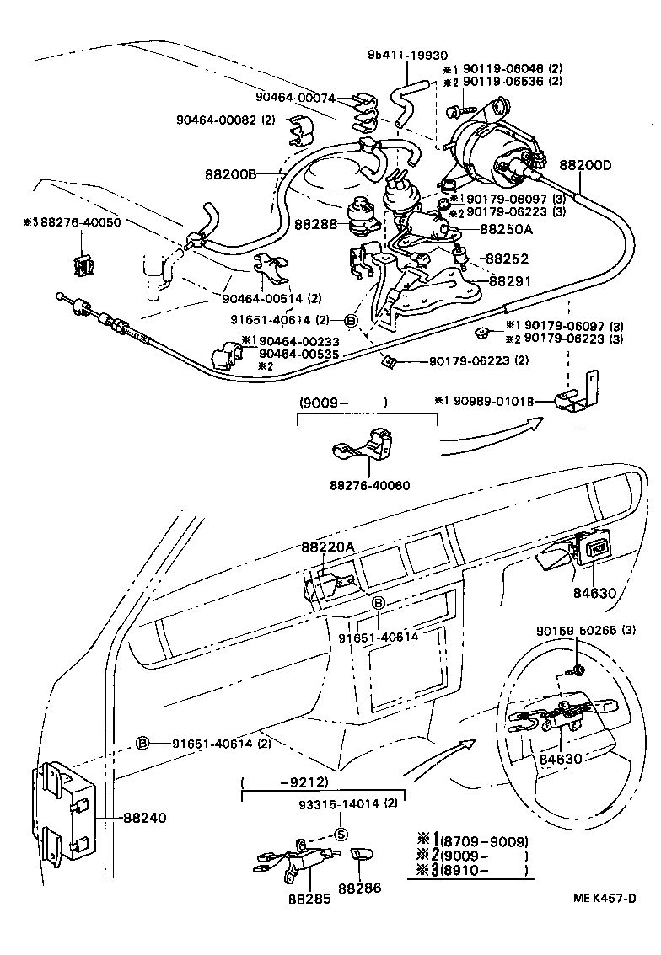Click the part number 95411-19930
coord(401,55)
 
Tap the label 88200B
coord(229,174)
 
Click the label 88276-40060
coord(368,487)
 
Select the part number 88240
coord(144,817)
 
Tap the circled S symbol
coord(341,835)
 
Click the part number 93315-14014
coord(336,803)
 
